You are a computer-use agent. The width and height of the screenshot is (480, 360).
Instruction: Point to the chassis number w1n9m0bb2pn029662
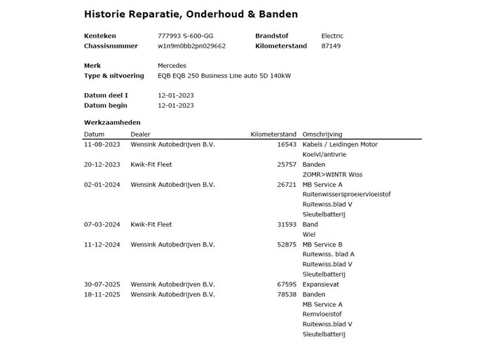point(192,46)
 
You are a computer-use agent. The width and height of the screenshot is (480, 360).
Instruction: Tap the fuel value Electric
point(332,36)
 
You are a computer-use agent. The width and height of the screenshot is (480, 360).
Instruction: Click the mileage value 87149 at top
point(331,46)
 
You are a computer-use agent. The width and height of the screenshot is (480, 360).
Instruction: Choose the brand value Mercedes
point(172,66)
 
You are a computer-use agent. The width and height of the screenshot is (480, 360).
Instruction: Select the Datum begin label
point(105,105)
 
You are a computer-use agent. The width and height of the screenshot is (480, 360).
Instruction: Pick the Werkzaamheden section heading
point(111,122)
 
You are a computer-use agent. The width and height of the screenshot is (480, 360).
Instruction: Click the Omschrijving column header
point(322,134)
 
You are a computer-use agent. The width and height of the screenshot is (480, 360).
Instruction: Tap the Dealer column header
point(140,134)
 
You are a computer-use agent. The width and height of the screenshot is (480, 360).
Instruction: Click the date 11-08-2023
point(102,145)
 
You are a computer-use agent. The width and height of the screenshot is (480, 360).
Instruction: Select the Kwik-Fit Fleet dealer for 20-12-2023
point(151,165)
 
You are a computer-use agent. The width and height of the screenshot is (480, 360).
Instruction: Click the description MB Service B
point(322,244)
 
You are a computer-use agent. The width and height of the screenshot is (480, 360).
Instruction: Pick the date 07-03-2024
point(102,225)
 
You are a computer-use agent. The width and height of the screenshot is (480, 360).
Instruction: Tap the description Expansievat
point(321,285)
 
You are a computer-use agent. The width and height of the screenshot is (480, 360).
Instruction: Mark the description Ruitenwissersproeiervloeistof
point(346,195)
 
